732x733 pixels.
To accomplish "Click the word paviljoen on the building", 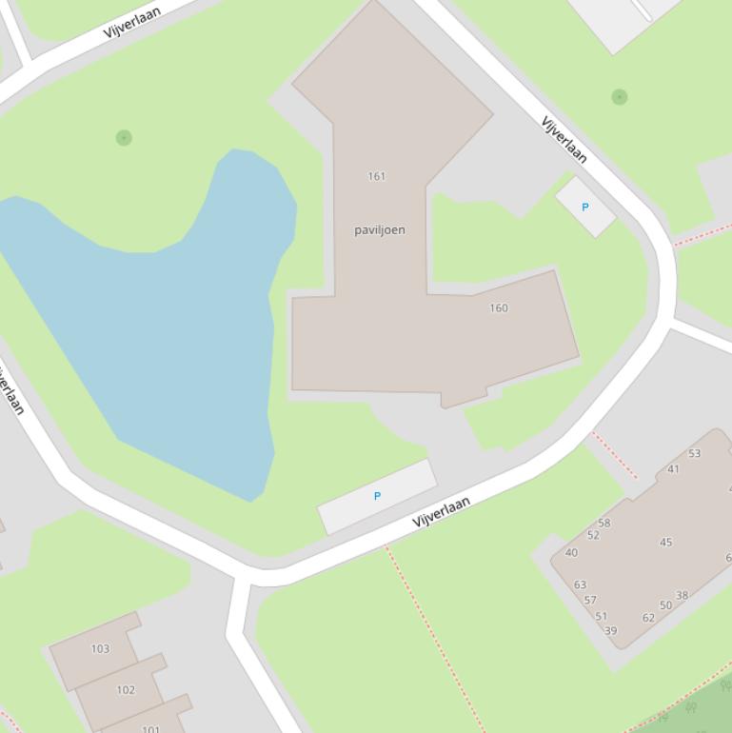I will click(x=380, y=229).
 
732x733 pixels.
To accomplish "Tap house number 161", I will click(x=376, y=176).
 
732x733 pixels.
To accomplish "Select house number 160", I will click(x=499, y=307).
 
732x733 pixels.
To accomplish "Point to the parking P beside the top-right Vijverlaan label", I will click(x=584, y=207).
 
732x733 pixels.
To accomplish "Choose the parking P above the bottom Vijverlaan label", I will click(x=377, y=496).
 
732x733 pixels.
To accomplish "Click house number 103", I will click(x=100, y=649).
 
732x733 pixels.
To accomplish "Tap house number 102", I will click(x=126, y=690).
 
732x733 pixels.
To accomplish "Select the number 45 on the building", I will click(x=665, y=543).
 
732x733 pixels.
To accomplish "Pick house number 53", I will click(x=694, y=453).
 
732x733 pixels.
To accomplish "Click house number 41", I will click(x=673, y=468).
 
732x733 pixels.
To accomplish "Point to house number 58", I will click(x=604, y=523).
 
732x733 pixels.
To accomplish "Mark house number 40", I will click(x=571, y=552).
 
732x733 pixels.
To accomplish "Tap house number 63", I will click(x=580, y=584).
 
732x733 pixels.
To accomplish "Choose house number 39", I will click(x=610, y=630).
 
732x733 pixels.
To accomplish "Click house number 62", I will click(x=648, y=618).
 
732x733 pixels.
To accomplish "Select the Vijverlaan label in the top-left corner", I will click(x=132, y=20).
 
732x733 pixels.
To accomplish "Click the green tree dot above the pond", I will click(x=124, y=138).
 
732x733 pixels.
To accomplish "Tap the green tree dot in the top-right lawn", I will click(x=620, y=96).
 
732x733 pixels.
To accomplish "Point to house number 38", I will click(x=682, y=596).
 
